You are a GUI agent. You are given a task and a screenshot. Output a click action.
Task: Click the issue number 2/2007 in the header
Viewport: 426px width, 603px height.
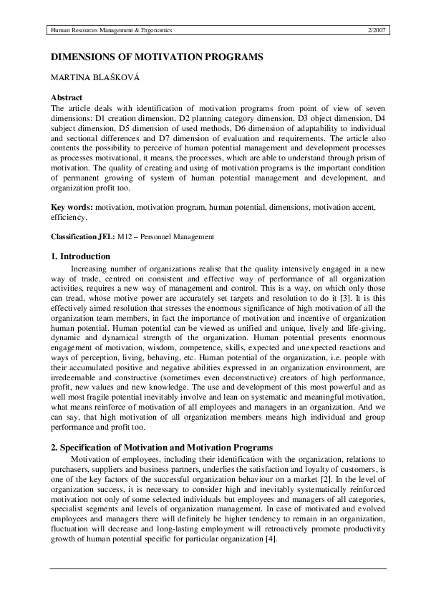point(376,31)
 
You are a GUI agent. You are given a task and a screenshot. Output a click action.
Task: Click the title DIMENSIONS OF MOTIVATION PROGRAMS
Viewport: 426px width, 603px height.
point(147,56)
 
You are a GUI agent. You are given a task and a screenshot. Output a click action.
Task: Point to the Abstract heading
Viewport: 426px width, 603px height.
point(67,97)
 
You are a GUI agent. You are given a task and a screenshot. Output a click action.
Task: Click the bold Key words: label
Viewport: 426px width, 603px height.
point(72,206)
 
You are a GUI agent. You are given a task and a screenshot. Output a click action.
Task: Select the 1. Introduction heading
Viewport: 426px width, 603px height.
point(80,256)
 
